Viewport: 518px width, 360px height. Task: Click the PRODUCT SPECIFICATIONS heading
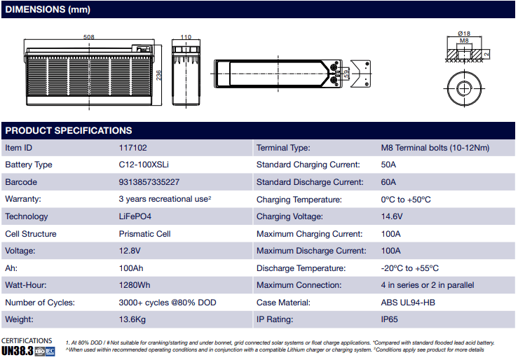click(69, 130)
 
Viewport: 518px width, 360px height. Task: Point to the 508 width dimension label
click(89, 37)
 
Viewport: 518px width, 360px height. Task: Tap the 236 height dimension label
click(159, 75)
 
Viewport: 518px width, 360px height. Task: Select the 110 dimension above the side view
click(186, 37)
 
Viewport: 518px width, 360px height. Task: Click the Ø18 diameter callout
click(463, 34)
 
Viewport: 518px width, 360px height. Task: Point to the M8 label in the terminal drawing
click(463, 41)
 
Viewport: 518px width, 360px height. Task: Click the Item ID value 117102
click(133, 148)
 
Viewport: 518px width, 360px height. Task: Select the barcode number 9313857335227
click(149, 182)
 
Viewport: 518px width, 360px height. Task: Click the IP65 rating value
click(390, 319)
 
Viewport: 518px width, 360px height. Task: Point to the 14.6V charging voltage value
click(391, 216)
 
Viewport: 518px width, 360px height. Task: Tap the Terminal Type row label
click(283, 148)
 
